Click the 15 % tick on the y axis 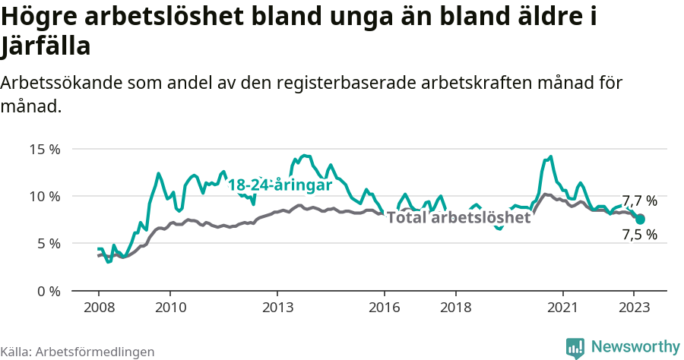[x=45, y=149]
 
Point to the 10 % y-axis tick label [x=45, y=196]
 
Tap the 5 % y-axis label [x=48, y=244]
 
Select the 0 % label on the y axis [x=48, y=291]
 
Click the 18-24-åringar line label [x=280, y=185]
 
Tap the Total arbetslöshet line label [x=458, y=218]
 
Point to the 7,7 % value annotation [x=639, y=201]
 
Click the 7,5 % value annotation [x=639, y=235]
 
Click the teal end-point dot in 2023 [x=640, y=219]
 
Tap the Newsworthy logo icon [x=575, y=347]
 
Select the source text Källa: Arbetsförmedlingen [x=78, y=352]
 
